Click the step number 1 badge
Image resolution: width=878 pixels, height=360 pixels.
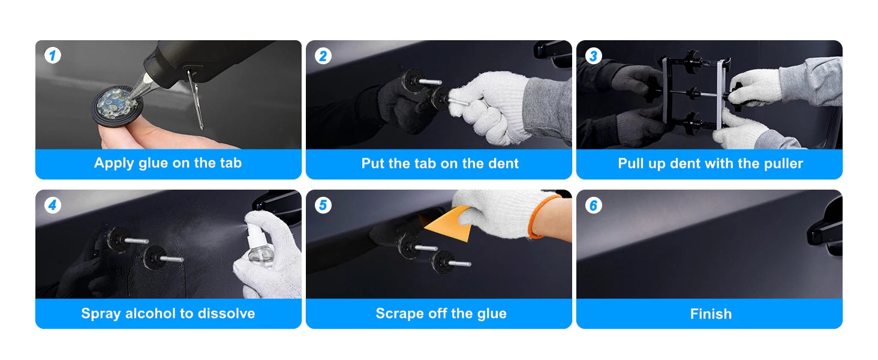(x=53, y=55)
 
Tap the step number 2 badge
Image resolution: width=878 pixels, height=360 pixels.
(x=323, y=56)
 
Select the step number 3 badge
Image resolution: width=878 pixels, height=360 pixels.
(x=594, y=56)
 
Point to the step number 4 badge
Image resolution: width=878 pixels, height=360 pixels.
(x=53, y=205)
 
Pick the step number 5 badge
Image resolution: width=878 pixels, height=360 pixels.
(x=323, y=205)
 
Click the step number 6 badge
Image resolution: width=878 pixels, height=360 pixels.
(x=594, y=205)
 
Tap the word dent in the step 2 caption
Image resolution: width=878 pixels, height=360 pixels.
(x=502, y=164)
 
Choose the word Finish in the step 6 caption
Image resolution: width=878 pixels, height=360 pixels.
(x=711, y=314)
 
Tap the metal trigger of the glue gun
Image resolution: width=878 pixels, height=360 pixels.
(x=196, y=100)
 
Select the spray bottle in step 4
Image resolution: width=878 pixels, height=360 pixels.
(x=258, y=245)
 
